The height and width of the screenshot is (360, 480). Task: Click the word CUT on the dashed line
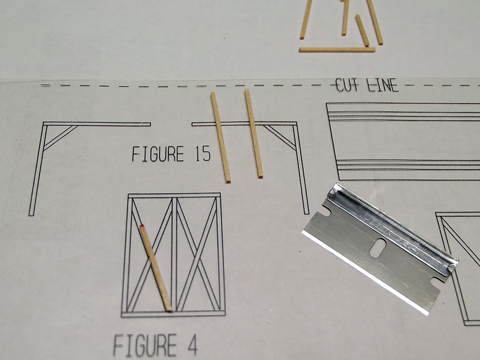pyautogui.click(x=347, y=85)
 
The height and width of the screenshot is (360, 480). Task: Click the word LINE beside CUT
pyautogui.click(x=382, y=85)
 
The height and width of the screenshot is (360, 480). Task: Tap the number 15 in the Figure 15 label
pyautogui.click(x=203, y=154)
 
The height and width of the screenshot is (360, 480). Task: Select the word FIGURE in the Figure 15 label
pyautogui.click(x=158, y=154)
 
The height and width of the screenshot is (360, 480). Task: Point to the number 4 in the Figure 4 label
pyautogui.click(x=192, y=345)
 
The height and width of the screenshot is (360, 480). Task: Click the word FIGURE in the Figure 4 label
pyautogui.click(x=146, y=345)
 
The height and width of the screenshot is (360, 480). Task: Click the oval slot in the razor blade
pyautogui.click(x=378, y=247)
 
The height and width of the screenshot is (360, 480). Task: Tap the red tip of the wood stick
pyautogui.click(x=142, y=227)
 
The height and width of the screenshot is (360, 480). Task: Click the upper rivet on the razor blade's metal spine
pyautogui.click(x=332, y=193)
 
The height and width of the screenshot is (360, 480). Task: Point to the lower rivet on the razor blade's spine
pyautogui.click(x=451, y=267)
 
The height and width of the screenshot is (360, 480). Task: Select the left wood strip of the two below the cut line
pyautogui.click(x=220, y=138)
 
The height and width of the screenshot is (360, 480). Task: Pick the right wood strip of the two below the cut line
pyautogui.click(x=254, y=133)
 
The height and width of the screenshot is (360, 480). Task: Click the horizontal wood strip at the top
pyautogui.click(x=337, y=50)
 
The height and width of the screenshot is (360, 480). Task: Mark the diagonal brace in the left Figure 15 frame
pyautogui.click(x=61, y=138)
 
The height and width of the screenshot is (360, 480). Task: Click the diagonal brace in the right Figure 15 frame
pyautogui.click(x=280, y=137)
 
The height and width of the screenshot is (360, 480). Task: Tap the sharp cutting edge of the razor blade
pyautogui.click(x=364, y=273)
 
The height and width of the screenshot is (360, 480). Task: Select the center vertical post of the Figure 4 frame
pyautogui.click(x=174, y=254)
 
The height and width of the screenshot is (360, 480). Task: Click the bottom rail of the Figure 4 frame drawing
pyautogui.click(x=173, y=314)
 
